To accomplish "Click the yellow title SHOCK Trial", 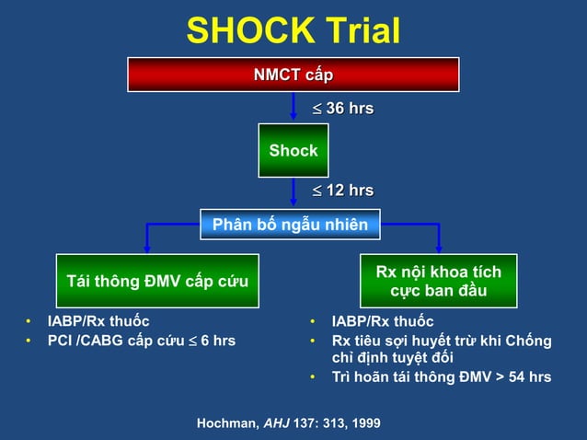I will (293, 30).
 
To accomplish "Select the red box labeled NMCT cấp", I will (293, 75).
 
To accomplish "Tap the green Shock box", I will (293, 150).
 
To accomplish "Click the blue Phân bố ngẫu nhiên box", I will (290, 225).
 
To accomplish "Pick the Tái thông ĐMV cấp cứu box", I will (157, 281).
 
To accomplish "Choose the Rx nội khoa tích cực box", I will (438, 281).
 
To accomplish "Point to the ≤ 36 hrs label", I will (341, 109).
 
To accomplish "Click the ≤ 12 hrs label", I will (341, 191).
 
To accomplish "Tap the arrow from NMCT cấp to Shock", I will (293, 109).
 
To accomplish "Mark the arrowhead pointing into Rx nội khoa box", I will (438, 247).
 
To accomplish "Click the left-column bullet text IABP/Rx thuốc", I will (98, 321).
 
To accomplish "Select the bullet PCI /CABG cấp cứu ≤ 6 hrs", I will (141, 341).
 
